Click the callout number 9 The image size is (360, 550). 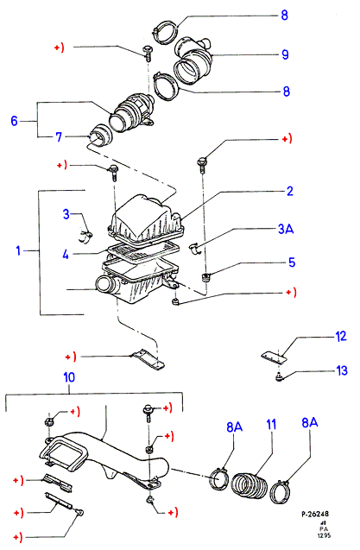click(x=285, y=54)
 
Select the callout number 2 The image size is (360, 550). click(x=289, y=191)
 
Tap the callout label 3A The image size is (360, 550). click(x=286, y=229)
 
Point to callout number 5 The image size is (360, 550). click(x=292, y=262)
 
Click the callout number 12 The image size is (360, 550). click(x=341, y=337)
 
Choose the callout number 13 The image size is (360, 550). click(x=342, y=370)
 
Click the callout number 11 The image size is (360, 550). click(x=271, y=424)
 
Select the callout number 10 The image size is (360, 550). click(x=69, y=377)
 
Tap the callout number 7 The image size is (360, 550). click(x=59, y=136)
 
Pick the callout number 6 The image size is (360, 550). click(x=14, y=121)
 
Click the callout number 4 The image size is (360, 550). click(x=66, y=255)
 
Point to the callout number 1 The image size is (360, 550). click(x=18, y=250)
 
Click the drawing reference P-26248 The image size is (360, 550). click(x=315, y=514)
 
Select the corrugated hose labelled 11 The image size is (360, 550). click(x=249, y=485)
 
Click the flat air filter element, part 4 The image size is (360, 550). click(x=143, y=252)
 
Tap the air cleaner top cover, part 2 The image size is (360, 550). click(x=146, y=220)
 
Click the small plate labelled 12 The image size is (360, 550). click(x=274, y=356)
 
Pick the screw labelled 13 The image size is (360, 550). click(x=279, y=378)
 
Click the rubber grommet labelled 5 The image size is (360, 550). click(x=205, y=277)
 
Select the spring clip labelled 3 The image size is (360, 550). click(x=85, y=237)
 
